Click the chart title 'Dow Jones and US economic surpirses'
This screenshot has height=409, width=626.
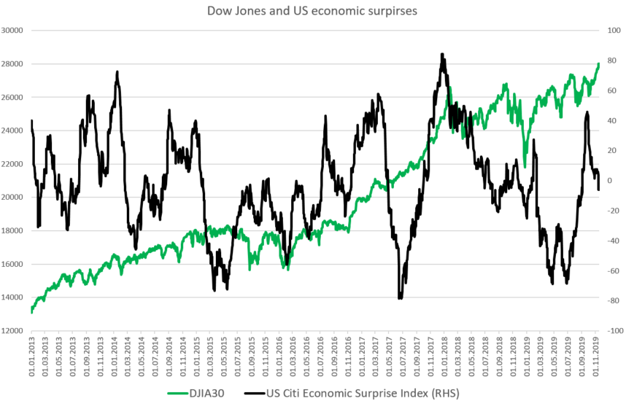(312, 10)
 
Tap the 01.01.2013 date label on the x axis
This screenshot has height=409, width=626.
(32, 357)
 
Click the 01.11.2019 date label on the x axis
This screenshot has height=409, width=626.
(596, 357)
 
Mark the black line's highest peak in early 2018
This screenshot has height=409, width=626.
(442, 54)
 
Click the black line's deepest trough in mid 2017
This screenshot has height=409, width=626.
(400, 297)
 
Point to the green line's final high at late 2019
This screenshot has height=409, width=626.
(598, 63)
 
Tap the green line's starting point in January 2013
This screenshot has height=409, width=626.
(32, 312)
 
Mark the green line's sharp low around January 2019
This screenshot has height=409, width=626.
(525, 166)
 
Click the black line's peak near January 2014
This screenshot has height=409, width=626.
(117, 71)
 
